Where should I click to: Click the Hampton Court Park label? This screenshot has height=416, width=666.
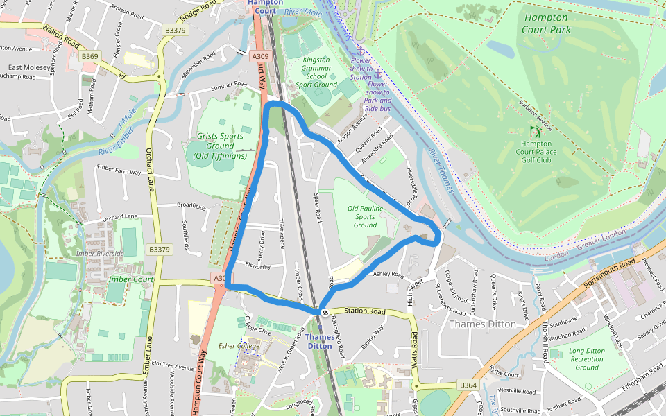pos(547,24)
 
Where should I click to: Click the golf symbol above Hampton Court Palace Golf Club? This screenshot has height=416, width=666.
pos(535,131)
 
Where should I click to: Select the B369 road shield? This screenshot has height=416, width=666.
pos(90,56)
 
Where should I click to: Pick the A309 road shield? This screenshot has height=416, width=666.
pos(260,56)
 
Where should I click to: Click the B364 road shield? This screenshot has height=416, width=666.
pos(468,385)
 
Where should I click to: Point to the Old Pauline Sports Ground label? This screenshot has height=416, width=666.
pos(365,216)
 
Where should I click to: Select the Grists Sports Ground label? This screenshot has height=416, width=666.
pos(221,146)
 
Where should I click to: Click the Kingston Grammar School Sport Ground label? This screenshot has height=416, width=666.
pos(316,72)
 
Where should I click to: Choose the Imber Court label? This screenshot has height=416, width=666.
pos(131,279)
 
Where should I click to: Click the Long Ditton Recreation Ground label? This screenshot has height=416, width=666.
pos(586,359)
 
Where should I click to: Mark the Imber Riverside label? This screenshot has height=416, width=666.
pos(101,253)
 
